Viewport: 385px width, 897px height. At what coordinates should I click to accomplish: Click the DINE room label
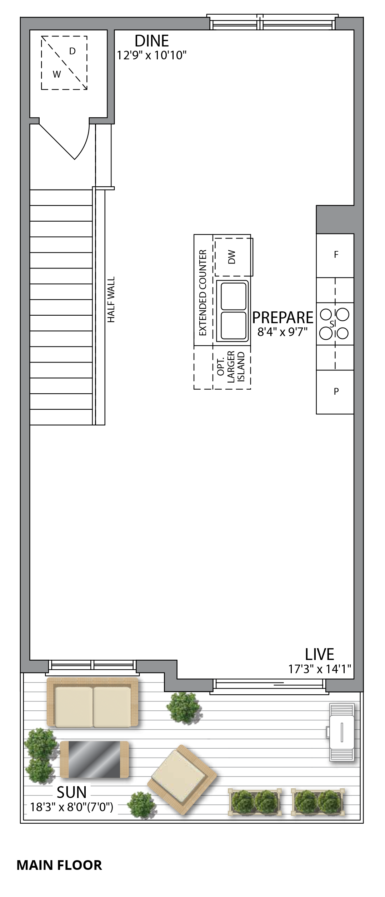[151, 41]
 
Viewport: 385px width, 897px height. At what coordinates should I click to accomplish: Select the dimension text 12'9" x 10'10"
[152, 55]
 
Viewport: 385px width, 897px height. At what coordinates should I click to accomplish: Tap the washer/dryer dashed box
[64, 63]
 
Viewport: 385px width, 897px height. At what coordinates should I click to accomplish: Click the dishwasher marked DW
[232, 257]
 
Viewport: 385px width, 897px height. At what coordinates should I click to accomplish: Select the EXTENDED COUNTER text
[203, 293]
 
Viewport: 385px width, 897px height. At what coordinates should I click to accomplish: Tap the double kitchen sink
[233, 310]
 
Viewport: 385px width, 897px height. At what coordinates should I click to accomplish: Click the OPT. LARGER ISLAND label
[231, 368]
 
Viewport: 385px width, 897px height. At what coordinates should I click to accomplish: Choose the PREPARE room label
[282, 317]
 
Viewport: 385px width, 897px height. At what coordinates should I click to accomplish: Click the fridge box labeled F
[335, 255]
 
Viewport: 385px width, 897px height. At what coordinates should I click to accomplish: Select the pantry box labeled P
[335, 392]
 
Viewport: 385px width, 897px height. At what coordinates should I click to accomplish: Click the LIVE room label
[319, 654]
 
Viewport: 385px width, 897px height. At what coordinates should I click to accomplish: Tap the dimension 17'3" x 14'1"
[320, 669]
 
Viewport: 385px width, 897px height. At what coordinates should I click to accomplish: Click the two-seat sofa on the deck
[92, 702]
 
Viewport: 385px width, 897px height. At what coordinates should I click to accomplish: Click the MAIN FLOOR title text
[59, 865]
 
